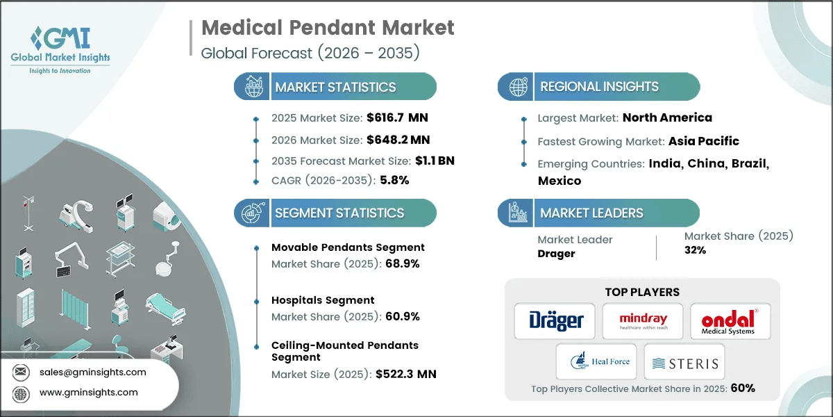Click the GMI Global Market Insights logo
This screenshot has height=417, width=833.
60,49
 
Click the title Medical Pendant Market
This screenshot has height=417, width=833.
328,28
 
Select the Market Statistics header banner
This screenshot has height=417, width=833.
335,87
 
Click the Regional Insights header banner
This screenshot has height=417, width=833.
598,87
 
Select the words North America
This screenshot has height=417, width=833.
667,117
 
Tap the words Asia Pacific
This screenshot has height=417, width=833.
703,141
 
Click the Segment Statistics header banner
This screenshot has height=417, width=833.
335,213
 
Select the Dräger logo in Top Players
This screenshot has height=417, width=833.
555,321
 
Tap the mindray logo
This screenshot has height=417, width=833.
642,321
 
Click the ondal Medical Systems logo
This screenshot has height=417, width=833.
730,322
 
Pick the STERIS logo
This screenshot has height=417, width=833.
684,363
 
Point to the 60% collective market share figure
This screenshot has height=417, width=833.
741,389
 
